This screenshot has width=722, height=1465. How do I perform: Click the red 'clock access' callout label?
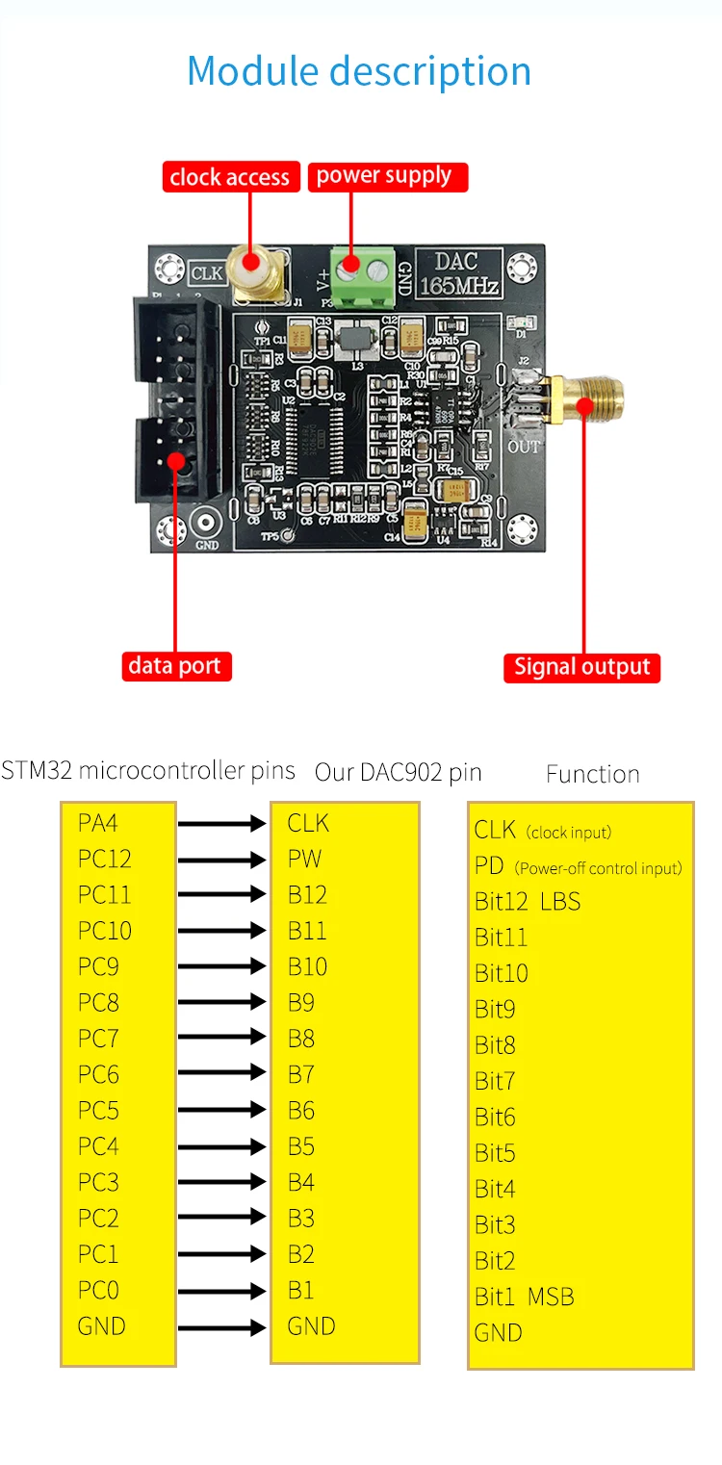(x=229, y=177)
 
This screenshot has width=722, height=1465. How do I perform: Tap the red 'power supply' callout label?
(x=386, y=176)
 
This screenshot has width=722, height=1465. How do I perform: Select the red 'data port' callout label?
(x=175, y=666)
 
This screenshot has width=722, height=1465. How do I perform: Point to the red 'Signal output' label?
(x=581, y=667)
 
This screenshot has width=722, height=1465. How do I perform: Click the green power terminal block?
(x=364, y=272)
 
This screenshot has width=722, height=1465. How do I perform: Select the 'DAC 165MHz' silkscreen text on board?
(x=457, y=273)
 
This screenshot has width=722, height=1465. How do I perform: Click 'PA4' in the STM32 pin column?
(x=98, y=823)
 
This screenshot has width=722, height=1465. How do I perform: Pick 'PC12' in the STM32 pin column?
(x=104, y=859)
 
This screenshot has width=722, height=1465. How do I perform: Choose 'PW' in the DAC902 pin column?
(x=304, y=859)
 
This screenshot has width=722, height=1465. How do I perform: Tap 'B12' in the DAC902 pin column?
(x=307, y=894)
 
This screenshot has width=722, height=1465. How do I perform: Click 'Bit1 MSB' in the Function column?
(x=524, y=1297)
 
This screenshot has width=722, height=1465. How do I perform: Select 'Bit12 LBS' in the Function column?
(x=528, y=902)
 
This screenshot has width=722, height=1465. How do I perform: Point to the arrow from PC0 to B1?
(x=221, y=1291)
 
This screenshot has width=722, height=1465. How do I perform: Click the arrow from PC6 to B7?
(x=221, y=1074)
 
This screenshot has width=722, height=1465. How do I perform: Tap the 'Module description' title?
(x=359, y=71)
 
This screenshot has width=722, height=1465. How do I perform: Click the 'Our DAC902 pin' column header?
(x=398, y=772)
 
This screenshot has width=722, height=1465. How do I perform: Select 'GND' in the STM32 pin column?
(x=101, y=1326)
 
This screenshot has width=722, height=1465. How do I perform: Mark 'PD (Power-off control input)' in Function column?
(x=578, y=866)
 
